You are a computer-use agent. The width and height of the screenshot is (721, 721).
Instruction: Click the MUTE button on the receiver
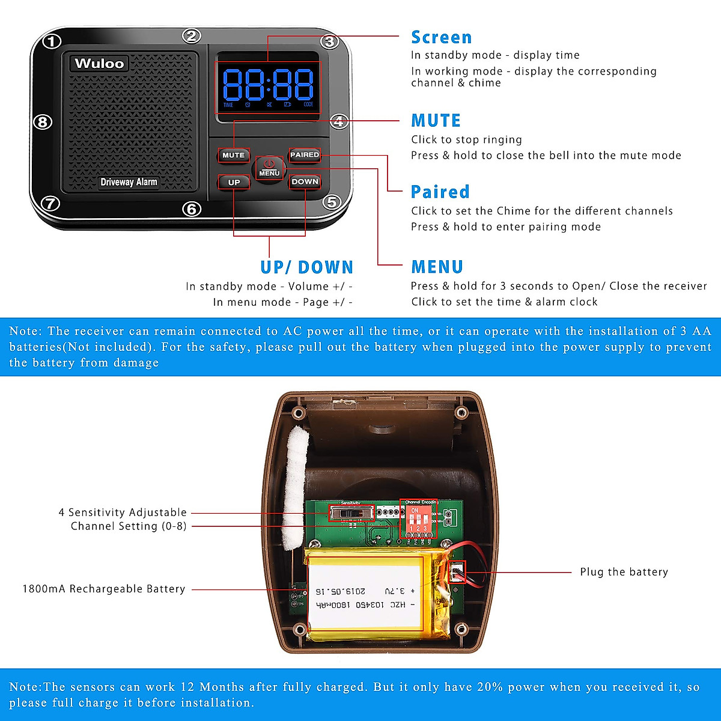(x=233, y=155)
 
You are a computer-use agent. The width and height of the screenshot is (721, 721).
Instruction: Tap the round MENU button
(x=269, y=168)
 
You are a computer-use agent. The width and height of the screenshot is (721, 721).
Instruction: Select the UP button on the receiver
(x=234, y=182)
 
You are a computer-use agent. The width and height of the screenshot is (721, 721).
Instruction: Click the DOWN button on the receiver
(x=305, y=181)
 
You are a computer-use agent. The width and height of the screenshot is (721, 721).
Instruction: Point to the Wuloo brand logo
(x=99, y=64)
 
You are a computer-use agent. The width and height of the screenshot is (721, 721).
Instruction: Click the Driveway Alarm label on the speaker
(x=129, y=182)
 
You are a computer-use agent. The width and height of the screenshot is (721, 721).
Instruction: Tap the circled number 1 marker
(x=52, y=41)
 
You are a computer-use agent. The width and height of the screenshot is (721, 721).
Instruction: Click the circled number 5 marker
(x=332, y=202)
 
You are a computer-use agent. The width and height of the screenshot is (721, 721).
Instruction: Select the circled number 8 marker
(x=42, y=122)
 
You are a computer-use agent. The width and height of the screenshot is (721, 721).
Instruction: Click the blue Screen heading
(x=441, y=37)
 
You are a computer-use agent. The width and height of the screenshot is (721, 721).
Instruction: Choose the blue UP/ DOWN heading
(x=306, y=267)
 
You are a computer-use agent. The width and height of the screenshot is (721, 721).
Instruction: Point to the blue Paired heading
(x=440, y=192)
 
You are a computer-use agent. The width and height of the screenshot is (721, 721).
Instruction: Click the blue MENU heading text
(x=437, y=267)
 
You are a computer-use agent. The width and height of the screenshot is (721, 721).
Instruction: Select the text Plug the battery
(x=624, y=572)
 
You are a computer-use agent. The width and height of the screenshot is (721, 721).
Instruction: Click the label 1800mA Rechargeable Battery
(x=104, y=589)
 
